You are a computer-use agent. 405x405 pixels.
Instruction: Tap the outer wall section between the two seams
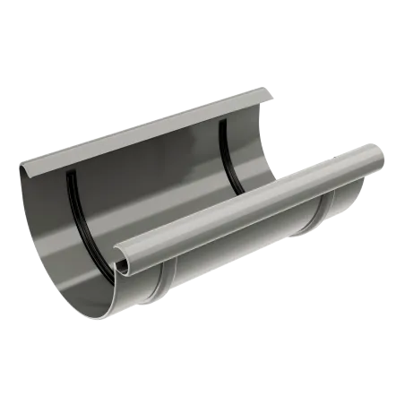tap(242, 260)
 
